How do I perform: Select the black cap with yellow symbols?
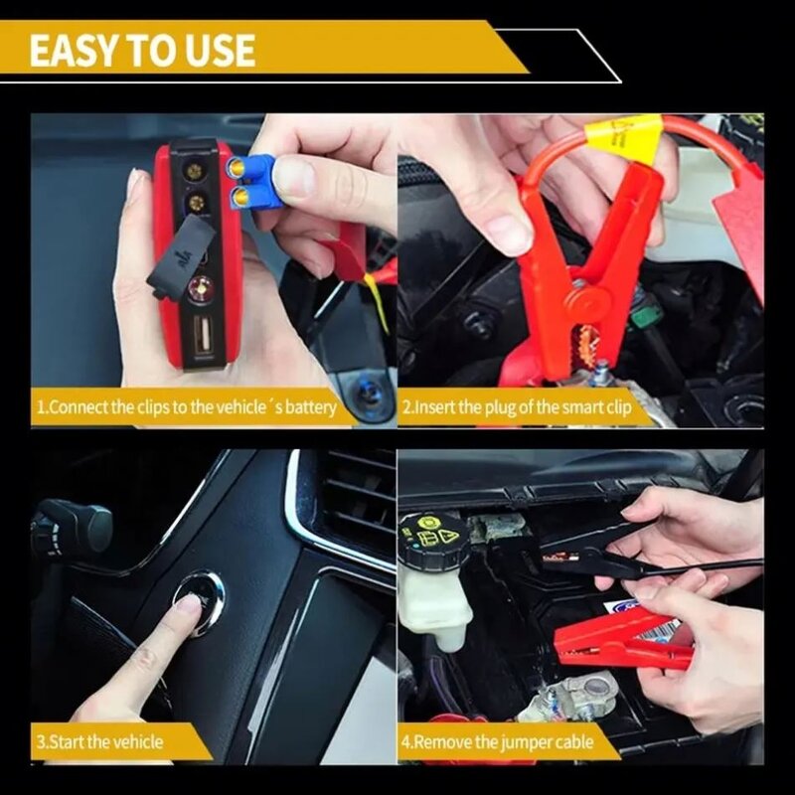coord(429,538)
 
